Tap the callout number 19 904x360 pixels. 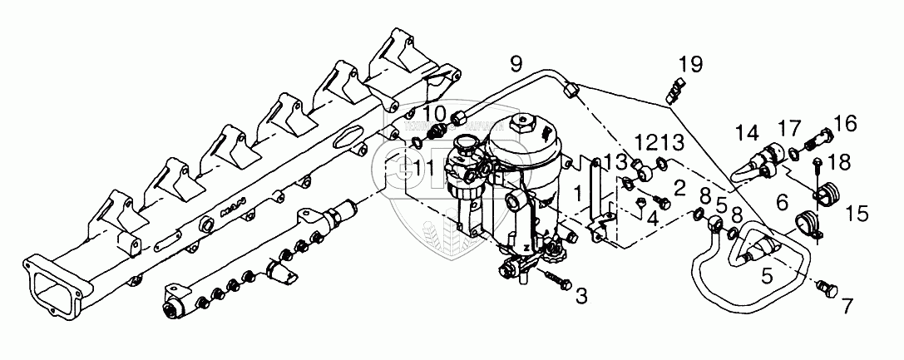689,63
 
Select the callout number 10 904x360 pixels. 434,113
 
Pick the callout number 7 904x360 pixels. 847,307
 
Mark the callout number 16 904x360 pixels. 844,125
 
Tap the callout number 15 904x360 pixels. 856,215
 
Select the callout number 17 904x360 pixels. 789,129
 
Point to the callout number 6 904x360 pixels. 782,202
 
